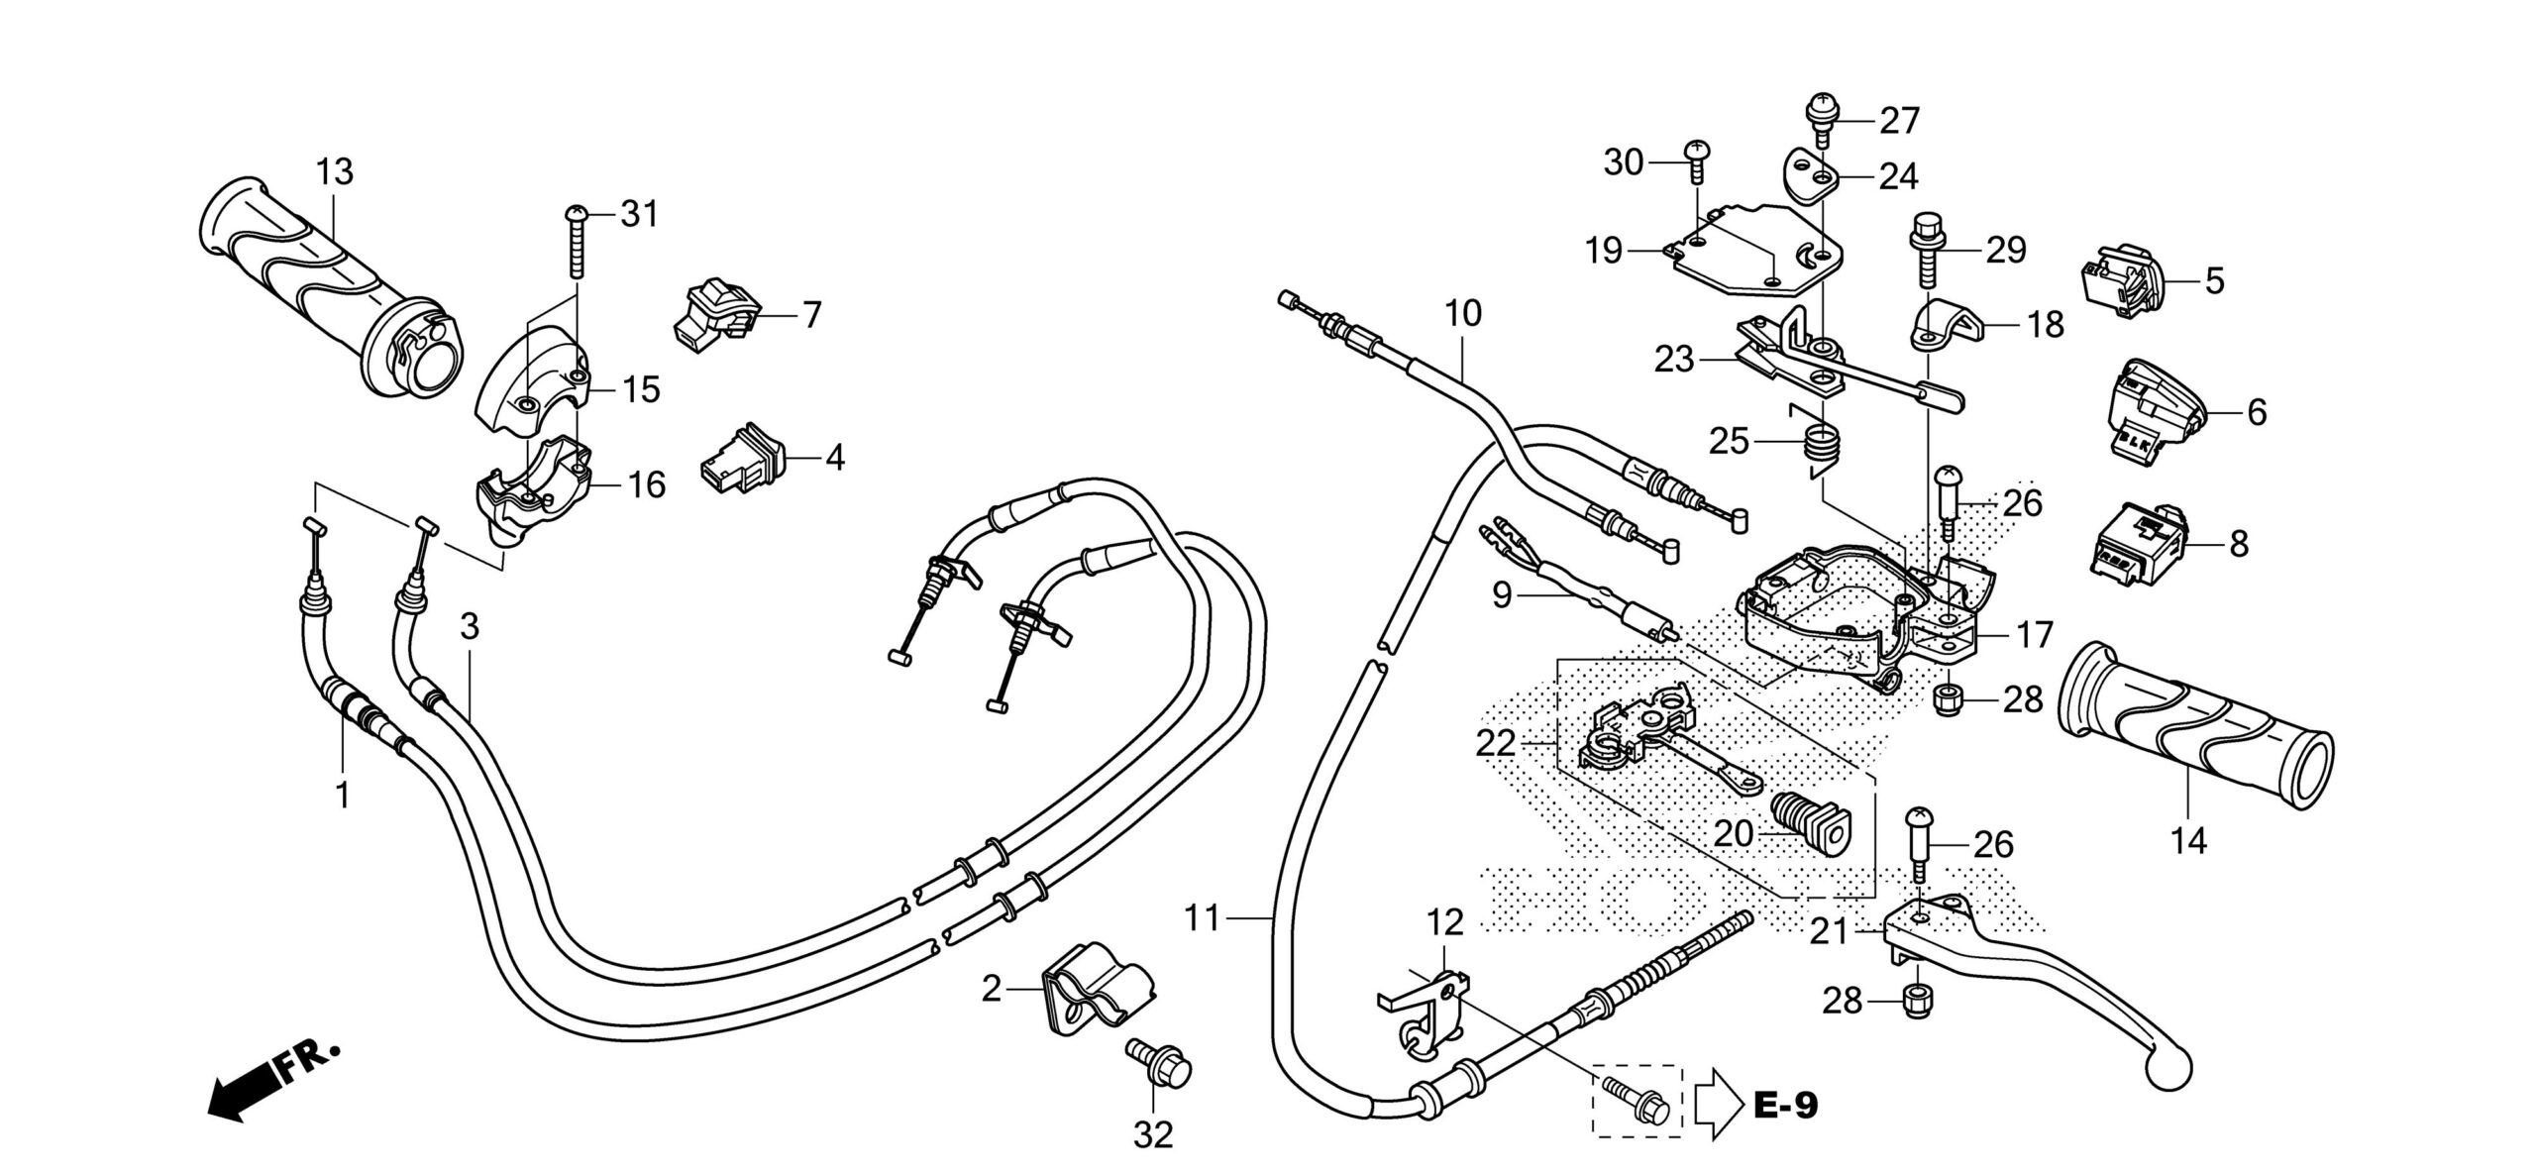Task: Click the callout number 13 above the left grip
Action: [x=335, y=172]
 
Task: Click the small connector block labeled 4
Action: [x=744, y=459]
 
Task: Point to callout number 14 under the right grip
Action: [x=2189, y=842]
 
